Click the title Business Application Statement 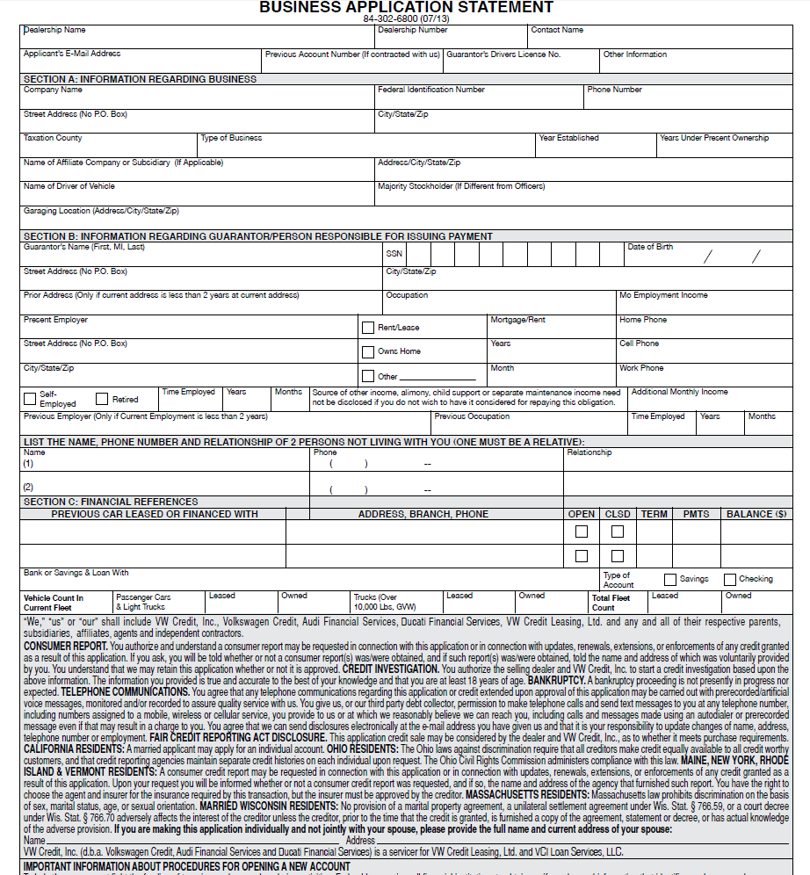(407, 7)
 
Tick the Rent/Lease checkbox (368, 328)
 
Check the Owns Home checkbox (368, 352)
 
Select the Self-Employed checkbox (30, 398)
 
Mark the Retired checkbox (102, 399)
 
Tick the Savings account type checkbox (670, 580)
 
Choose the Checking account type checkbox (730, 580)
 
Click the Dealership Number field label (412, 30)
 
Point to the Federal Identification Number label (430, 90)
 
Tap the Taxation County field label (53, 138)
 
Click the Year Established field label (568, 138)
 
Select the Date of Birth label (650, 247)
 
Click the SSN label (394, 253)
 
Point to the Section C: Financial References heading (111, 502)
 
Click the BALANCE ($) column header (756, 514)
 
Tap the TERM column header (654, 514)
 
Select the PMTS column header (696, 514)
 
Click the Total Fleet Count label (611, 603)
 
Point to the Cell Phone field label (639, 343)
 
